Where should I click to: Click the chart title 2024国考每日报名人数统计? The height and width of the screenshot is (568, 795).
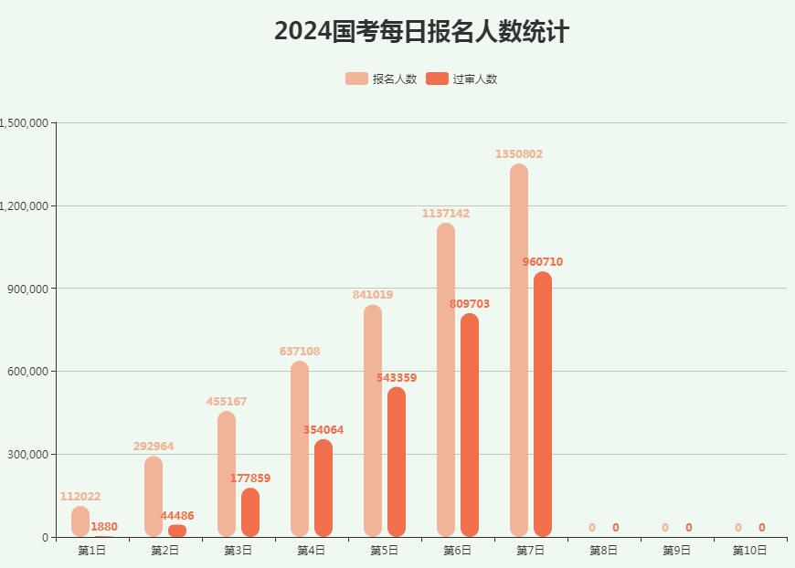click(421, 32)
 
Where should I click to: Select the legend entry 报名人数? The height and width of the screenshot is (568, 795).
click(381, 79)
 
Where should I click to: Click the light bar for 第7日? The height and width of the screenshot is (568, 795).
click(519, 351)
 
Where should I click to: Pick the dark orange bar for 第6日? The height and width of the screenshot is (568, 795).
click(470, 426)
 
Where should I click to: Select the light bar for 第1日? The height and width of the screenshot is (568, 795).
click(80, 521)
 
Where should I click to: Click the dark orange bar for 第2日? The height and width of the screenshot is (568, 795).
click(177, 531)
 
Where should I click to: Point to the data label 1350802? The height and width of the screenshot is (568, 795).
click(519, 154)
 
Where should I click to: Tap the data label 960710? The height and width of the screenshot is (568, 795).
click(543, 262)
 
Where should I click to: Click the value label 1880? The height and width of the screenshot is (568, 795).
click(104, 527)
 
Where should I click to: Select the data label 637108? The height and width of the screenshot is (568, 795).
click(300, 352)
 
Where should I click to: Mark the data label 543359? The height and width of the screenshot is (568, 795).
click(397, 378)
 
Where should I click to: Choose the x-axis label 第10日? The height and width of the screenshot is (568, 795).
click(750, 551)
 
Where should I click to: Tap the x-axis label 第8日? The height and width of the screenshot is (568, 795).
click(604, 551)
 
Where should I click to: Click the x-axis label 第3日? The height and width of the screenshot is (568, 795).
click(238, 551)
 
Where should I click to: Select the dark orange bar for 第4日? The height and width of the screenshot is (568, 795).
click(323, 489)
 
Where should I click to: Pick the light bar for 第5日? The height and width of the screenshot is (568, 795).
click(373, 421)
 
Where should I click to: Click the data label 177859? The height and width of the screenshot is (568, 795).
click(250, 479)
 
